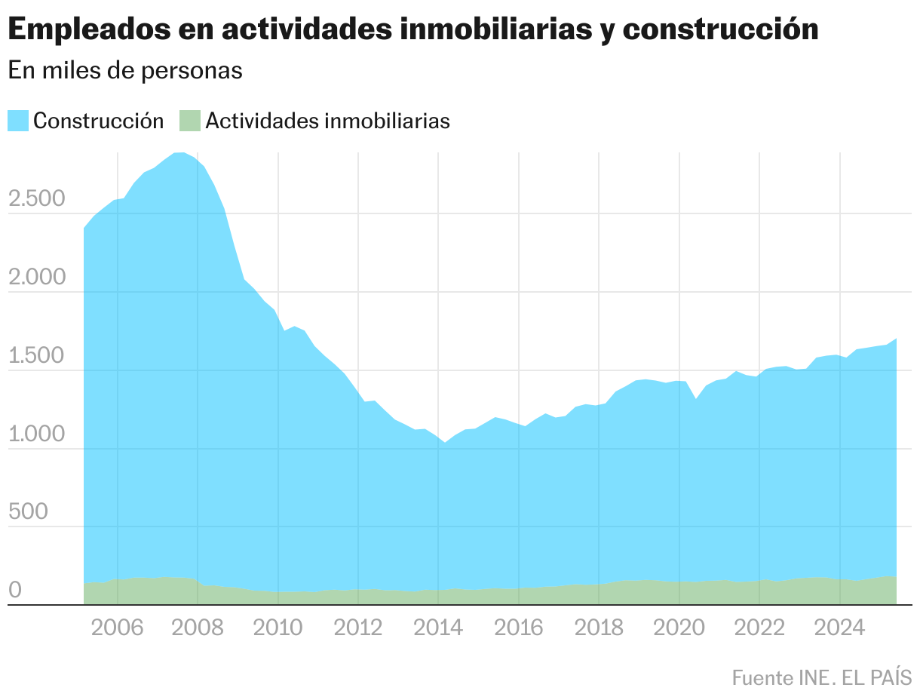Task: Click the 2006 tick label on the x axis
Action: click(118, 628)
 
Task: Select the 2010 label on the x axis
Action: click(278, 628)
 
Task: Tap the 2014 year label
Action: click(438, 628)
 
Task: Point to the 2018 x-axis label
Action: click(599, 628)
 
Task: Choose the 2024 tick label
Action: click(839, 628)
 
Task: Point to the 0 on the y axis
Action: click(15, 591)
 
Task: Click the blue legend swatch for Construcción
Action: click(18, 121)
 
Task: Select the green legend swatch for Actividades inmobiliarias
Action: click(190, 121)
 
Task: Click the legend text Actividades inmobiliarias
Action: click(327, 121)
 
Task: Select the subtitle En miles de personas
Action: click(125, 70)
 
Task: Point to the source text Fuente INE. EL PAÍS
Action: click(821, 677)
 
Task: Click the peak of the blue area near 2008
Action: click(180, 152)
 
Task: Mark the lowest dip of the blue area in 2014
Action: click(445, 442)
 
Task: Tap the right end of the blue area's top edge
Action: click(896, 339)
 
